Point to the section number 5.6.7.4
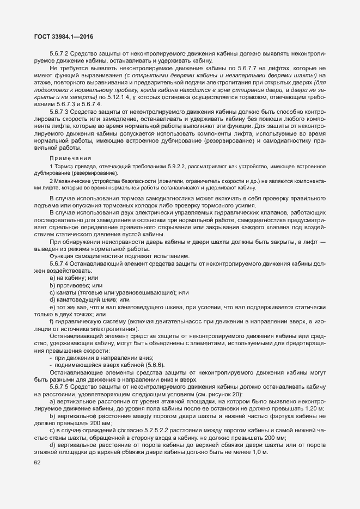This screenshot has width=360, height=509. pyautogui.click(x=60, y=263)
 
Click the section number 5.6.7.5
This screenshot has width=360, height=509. pyautogui.click(x=60, y=386)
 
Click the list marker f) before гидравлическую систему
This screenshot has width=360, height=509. pyautogui.click(x=51, y=321)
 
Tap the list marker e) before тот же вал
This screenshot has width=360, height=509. pyautogui.click(x=52, y=306)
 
